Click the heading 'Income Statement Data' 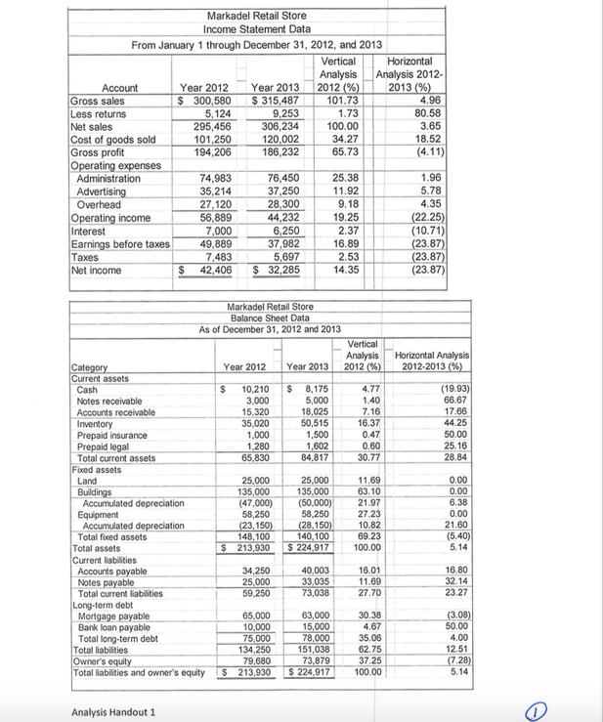tap(257, 29)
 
